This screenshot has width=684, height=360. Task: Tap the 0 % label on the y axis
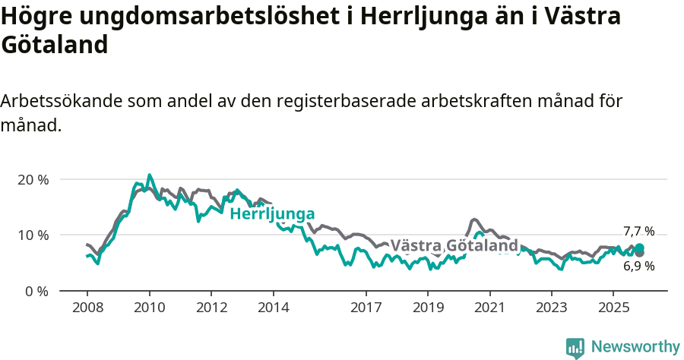tap(36, 291)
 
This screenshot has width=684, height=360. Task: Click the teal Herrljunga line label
tap(272, 213)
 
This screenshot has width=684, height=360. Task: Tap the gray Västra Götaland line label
tap(454, 245)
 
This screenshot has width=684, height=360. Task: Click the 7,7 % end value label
tap(638, 232)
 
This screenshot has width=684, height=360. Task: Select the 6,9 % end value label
tap(638, 266)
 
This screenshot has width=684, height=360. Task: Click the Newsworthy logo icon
tap(575, 348)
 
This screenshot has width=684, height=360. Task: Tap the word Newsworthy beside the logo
tap(635, 347)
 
